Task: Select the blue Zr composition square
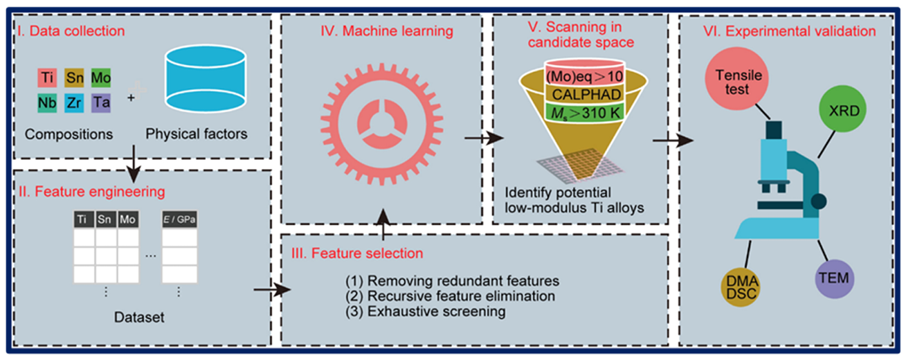(73, 103)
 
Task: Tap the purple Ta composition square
(100, 103)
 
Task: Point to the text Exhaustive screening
(426, 312)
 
